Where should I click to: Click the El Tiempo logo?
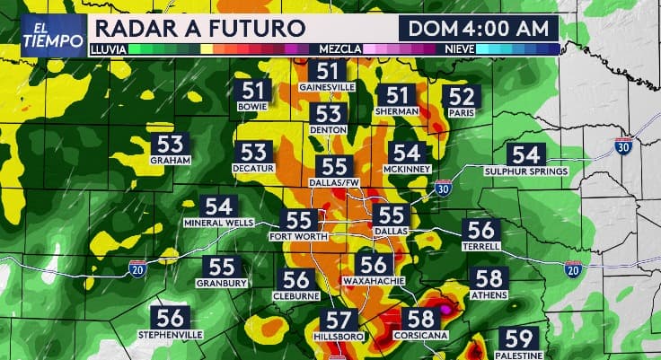click(46, 36)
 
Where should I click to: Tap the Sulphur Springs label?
click(525, 171)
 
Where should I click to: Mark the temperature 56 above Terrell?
click(480, 230)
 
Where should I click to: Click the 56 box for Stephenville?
click(171, 318)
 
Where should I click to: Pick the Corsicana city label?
click(420, 335)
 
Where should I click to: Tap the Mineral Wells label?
click(219, 222)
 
